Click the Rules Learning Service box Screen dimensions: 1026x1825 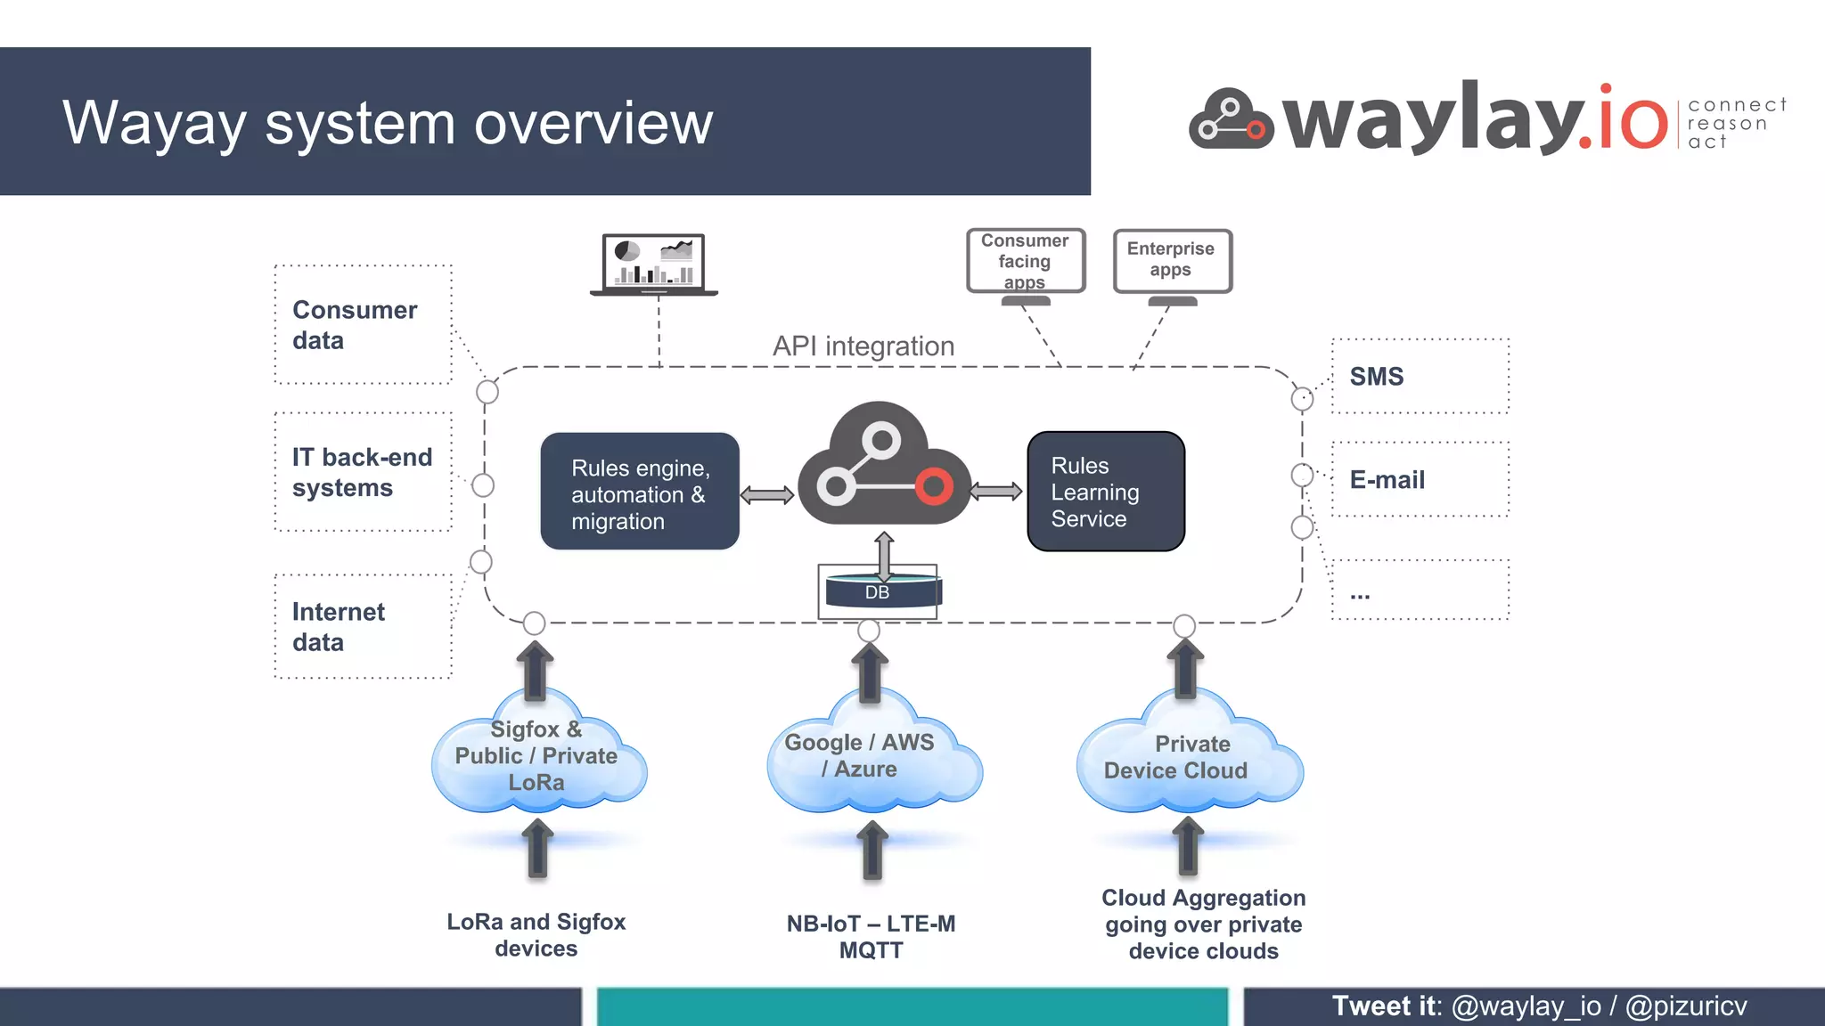(1105, 492)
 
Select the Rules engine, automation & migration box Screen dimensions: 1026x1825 (639, 492)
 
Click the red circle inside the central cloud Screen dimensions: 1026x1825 (933, 486)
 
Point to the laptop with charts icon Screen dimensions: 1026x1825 (654, 264)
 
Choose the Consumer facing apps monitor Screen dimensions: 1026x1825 (1026, 261)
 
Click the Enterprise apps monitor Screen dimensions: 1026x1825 (1172, 260)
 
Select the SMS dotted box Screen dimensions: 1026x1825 (1420, 377)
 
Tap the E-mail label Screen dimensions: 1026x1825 (1387, 480)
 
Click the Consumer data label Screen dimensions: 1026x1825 (355, 325)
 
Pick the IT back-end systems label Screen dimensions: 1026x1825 (361, 472)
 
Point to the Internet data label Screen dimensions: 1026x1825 (338, 626)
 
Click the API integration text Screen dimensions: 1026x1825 (863, 346)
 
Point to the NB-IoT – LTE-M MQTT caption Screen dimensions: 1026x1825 (871, 936)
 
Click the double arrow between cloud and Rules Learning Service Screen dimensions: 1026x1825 (995, 491)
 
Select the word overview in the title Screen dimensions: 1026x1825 (593, 123)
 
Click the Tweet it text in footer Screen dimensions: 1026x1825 (1385, 1006)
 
